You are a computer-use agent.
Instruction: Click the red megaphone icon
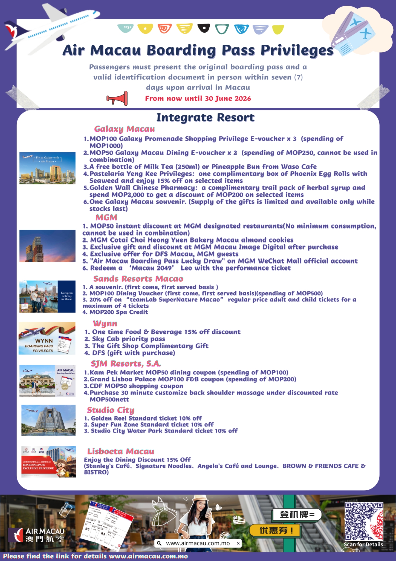(x=117, y=98)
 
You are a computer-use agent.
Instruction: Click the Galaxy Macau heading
(x=124, y=129)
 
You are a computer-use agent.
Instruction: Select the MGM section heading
(x=106, y=217)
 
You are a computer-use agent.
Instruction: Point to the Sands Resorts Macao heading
(x=138, y=279)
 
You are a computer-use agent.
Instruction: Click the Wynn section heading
(x=105, y=324)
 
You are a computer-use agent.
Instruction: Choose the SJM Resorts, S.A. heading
(x=126, y=363)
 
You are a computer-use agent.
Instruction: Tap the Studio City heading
(x=111, y=410)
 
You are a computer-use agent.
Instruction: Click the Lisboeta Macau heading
(x=121, y=451)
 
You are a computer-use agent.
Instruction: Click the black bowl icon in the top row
(x=204, y=28)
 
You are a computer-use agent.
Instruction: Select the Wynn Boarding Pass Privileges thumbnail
(x=47, y=338)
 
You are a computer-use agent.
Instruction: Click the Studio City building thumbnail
(x=48, y=420)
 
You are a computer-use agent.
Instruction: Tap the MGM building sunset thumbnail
(x=47, y=246)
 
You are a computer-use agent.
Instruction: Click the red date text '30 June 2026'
(x=228, y=99)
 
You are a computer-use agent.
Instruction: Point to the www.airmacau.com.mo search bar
(x=198, y=543)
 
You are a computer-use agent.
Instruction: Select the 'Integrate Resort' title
(x=205, y=118)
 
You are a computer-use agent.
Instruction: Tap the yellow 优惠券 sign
(x=275, y=530)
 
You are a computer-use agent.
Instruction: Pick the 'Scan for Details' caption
(x=363, y=544)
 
